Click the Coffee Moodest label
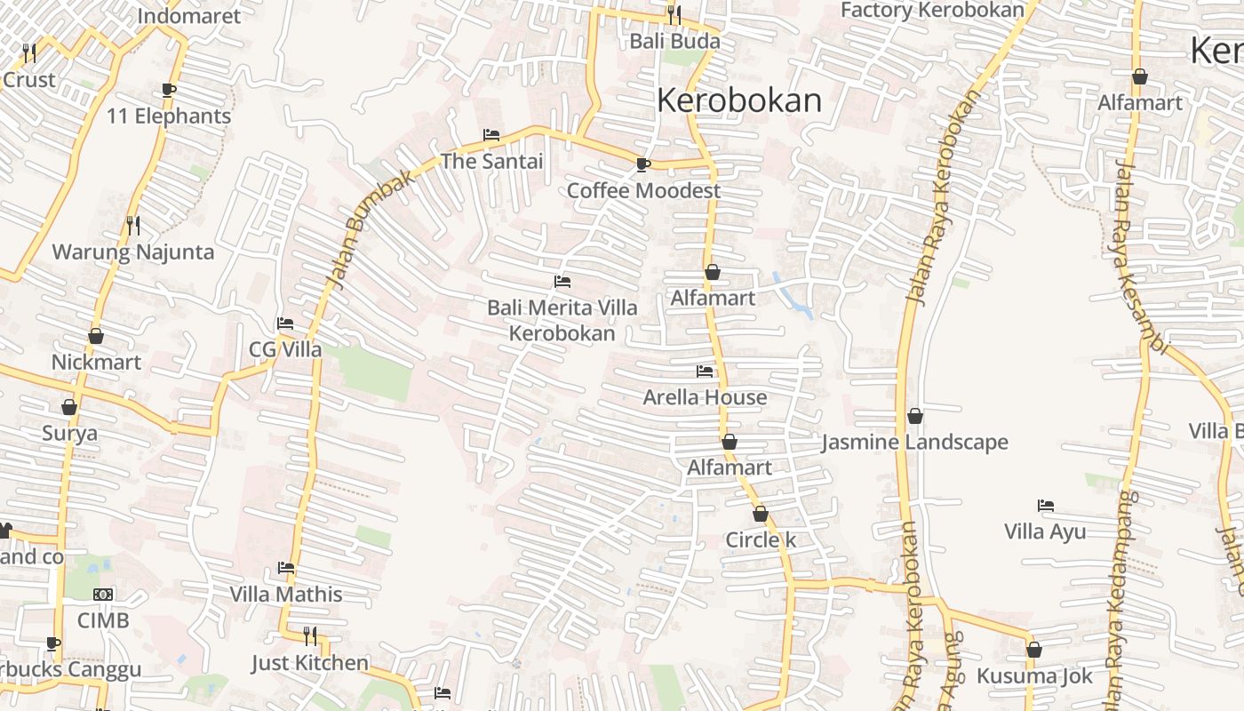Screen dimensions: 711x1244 coord(643,190)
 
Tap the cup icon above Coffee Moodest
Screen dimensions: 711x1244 coord(643,164)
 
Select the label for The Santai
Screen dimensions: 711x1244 coord(491,161)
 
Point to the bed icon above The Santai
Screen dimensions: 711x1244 coord(491,135)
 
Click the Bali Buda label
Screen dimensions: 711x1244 coord(674,41)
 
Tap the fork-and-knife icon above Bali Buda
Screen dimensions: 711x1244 coord(674,15)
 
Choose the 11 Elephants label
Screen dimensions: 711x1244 coord(169,116)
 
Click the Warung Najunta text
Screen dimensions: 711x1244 coord(133,252)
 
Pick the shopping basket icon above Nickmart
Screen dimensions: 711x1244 coord(96,336)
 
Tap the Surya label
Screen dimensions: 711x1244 coord(69,433)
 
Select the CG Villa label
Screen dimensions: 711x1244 coord(285,349)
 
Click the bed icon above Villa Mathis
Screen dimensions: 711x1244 coord(286,568)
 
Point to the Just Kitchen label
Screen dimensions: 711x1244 coord(309,662)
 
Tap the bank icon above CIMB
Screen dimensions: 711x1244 coord(103,595)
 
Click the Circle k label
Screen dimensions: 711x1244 coord(761,539)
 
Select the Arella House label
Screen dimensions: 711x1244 coord(705,396)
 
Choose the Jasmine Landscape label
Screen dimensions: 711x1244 coord(914,442)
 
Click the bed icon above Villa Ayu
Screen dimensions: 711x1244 coord(1046,506)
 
